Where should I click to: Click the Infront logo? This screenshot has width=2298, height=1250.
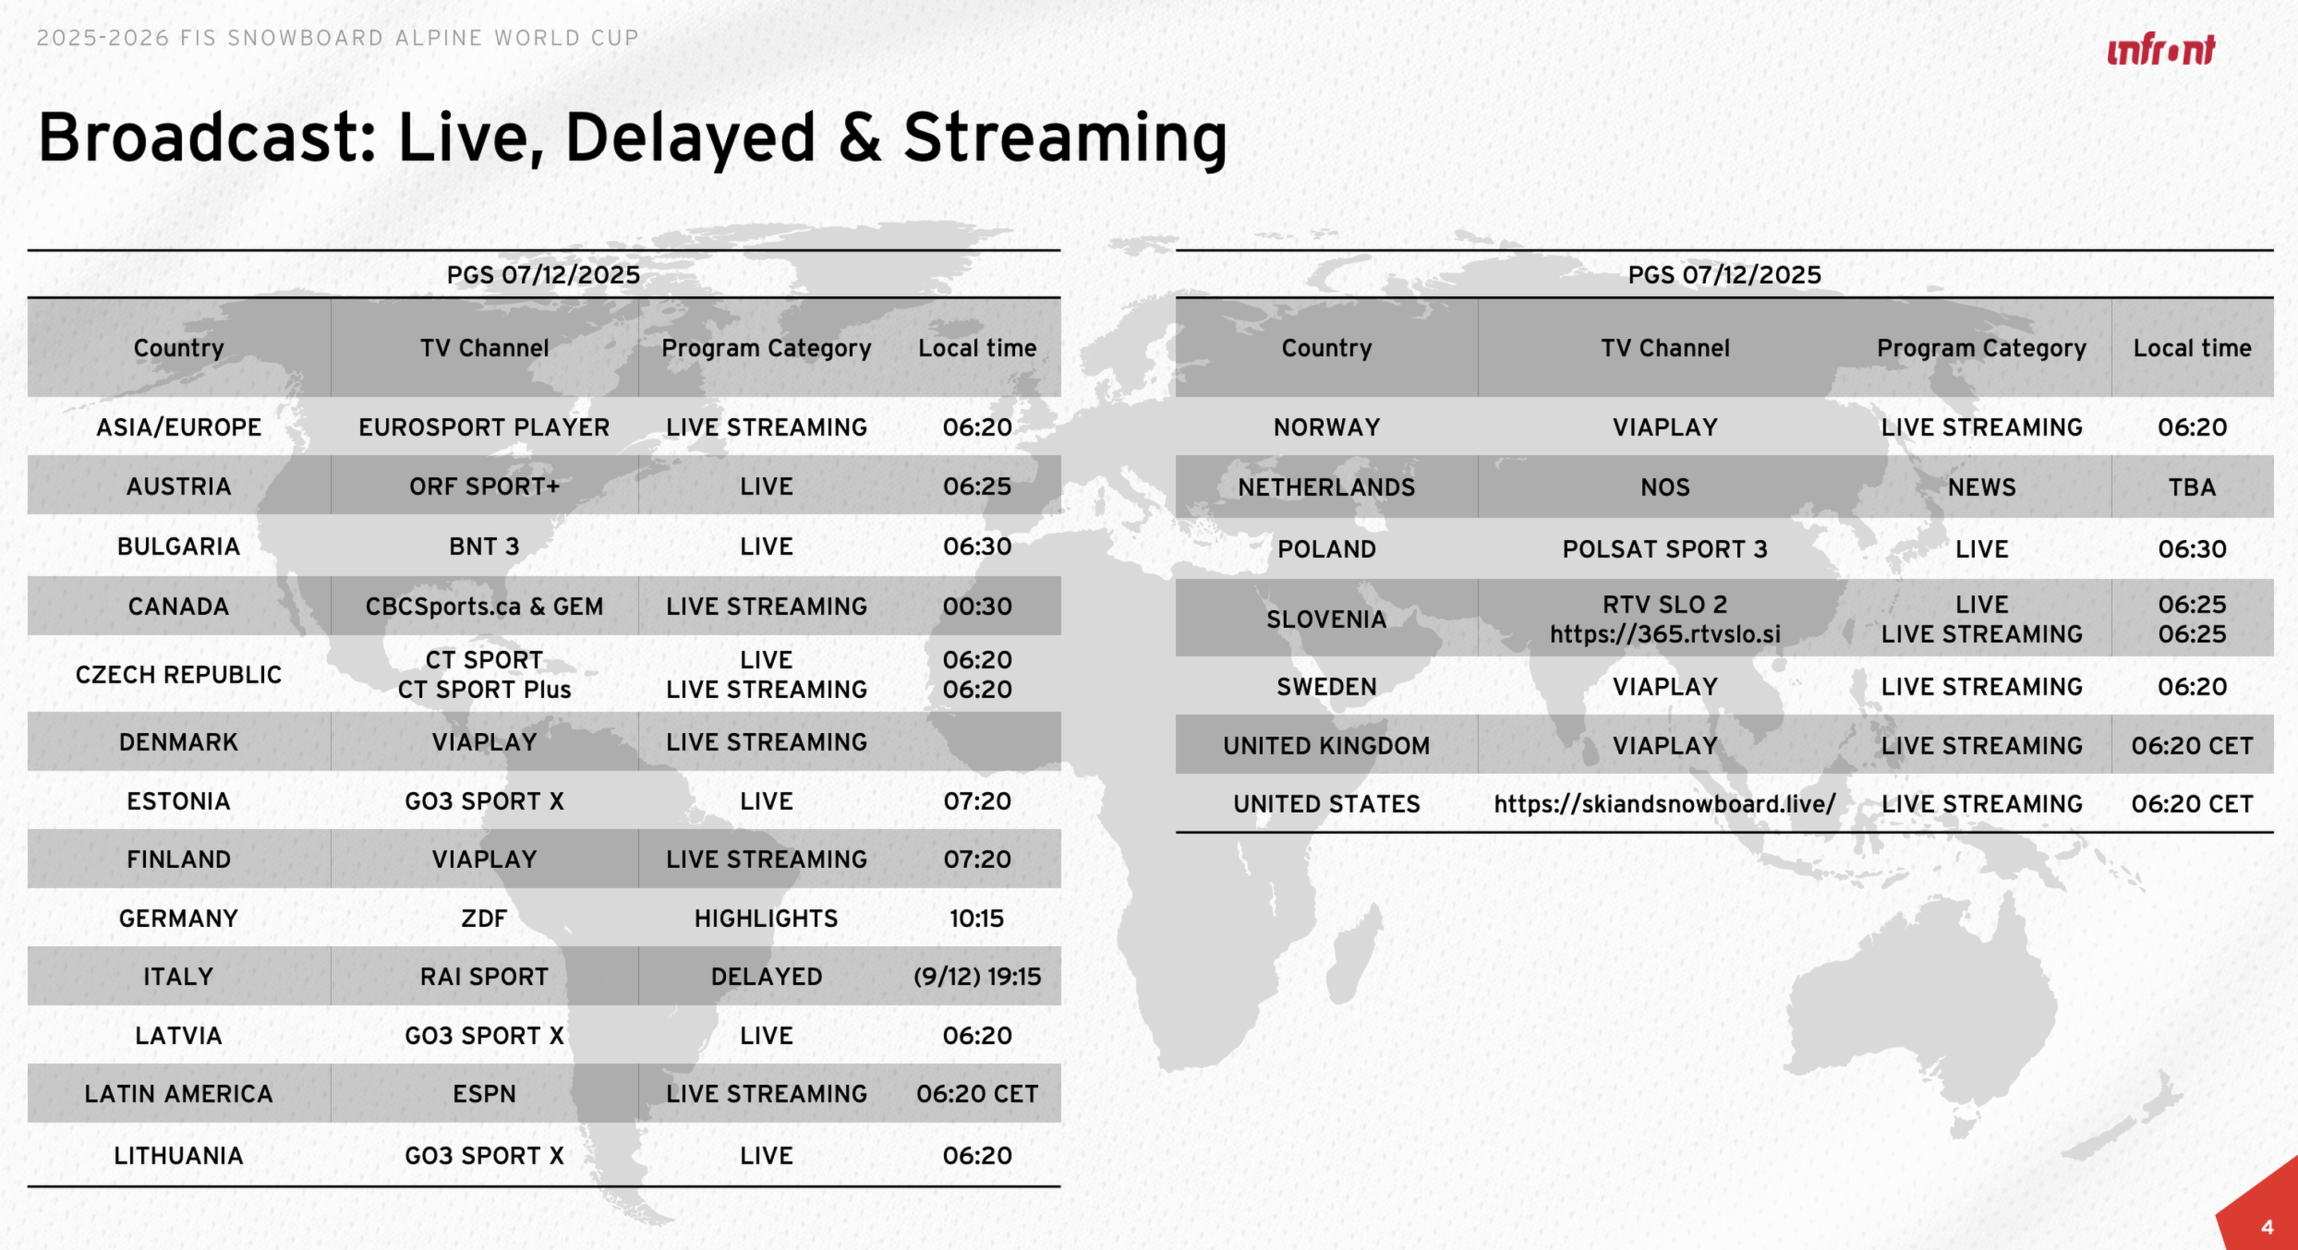click(x=2161, y=50)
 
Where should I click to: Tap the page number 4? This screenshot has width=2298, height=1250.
click(x=2267, y=1228)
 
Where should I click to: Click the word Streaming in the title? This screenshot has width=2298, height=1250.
click(x=1065, y=139)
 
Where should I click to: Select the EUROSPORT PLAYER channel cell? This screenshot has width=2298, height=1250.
click(x=484, y=427)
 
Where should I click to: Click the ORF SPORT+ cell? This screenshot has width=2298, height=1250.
click(x=484, y=486)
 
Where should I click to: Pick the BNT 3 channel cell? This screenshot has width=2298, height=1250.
click(x=484, y=546)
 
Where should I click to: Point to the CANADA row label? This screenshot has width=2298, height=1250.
click(x=179, y=606)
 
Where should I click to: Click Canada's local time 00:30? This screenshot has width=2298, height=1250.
click(x=977, y=606)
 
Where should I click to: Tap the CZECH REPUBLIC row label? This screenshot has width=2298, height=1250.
click(x=179, y=674)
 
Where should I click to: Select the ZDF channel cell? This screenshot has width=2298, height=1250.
click(x=484, y=918)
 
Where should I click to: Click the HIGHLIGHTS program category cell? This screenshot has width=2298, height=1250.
click(x=766, y=918)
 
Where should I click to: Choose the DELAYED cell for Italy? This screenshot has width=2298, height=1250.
click(x=766, y=976)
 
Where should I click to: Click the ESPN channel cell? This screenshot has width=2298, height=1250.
click(x=484, y=1094)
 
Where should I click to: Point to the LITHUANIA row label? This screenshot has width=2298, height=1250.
click(x=179, y=1156)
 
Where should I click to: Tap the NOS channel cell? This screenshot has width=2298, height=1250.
click(x=1665, y=487)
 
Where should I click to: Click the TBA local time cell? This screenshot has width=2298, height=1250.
click(x=2193, y=487)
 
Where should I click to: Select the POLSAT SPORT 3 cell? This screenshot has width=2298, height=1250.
click(x=1665, y=548)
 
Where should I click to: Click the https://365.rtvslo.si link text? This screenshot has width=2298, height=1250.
click(x=1665, y=634)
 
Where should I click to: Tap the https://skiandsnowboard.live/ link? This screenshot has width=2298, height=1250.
click(x=1665, y=804)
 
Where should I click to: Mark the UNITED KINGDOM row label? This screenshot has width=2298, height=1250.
click(x=1326, y=745)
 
